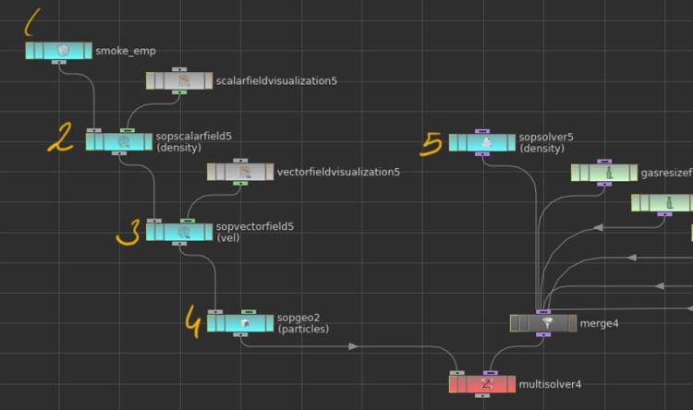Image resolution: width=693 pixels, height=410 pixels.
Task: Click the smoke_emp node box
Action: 58,50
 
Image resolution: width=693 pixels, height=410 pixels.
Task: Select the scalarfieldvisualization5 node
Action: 179,81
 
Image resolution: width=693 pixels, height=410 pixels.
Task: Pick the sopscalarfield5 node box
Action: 119,141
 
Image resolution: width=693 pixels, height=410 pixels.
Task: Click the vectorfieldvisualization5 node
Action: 240,172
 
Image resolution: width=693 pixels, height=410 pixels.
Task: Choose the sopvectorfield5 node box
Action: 179,232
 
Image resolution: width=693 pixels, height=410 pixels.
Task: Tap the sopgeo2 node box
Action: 240,323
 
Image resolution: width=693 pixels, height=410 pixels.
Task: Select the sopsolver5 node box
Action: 481,142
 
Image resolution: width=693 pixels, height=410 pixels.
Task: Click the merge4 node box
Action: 542,323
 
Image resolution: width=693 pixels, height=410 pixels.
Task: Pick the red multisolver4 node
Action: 481,383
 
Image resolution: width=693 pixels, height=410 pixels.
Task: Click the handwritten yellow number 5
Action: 431,143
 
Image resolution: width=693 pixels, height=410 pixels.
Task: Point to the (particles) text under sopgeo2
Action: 303,330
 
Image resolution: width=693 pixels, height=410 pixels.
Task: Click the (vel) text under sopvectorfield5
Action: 227,238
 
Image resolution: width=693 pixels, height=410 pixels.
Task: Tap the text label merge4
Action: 599,323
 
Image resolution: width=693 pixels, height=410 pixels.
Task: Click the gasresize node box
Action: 603,173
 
